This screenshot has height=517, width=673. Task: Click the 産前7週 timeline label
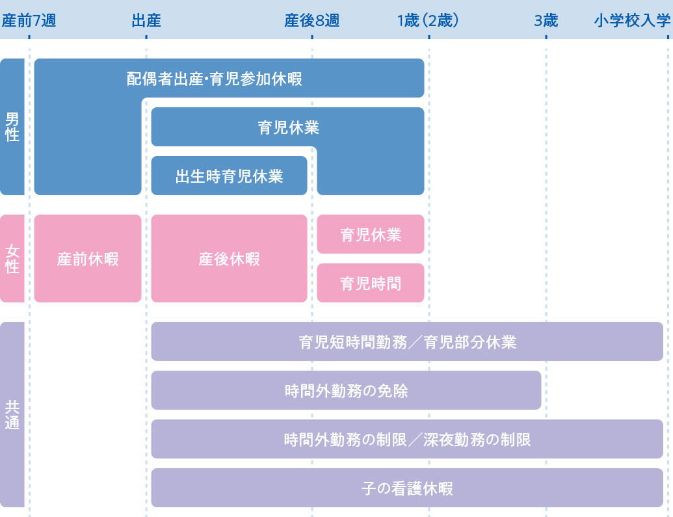(29, 21)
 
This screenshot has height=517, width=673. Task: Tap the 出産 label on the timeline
(146, 21)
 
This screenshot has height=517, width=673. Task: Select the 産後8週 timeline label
(311, 21)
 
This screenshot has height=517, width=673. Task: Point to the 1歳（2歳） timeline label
(429, 21)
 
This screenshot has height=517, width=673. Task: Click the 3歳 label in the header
(546, 21)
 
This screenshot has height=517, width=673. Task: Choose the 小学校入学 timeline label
(631, 21)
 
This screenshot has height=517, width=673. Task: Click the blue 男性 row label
(12, 127)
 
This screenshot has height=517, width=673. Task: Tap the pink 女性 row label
(12, 258)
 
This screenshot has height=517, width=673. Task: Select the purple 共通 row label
(12, 415)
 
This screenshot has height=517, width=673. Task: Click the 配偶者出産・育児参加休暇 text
(214, 79)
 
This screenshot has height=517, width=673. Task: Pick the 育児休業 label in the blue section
(288, 127)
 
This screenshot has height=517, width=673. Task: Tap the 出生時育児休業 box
(229, 176)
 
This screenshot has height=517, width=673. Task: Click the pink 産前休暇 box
(88, 259)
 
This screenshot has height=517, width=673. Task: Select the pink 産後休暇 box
(229, 259)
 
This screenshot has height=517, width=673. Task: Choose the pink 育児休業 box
(371, 235)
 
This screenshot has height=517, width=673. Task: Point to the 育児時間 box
(371, 284)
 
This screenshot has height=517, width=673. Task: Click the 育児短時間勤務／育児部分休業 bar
(407, 342)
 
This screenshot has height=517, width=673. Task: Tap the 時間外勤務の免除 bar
(346, 391)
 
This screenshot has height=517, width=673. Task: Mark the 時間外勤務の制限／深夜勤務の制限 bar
(407, 440)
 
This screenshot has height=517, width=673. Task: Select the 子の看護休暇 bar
(407, 488)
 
